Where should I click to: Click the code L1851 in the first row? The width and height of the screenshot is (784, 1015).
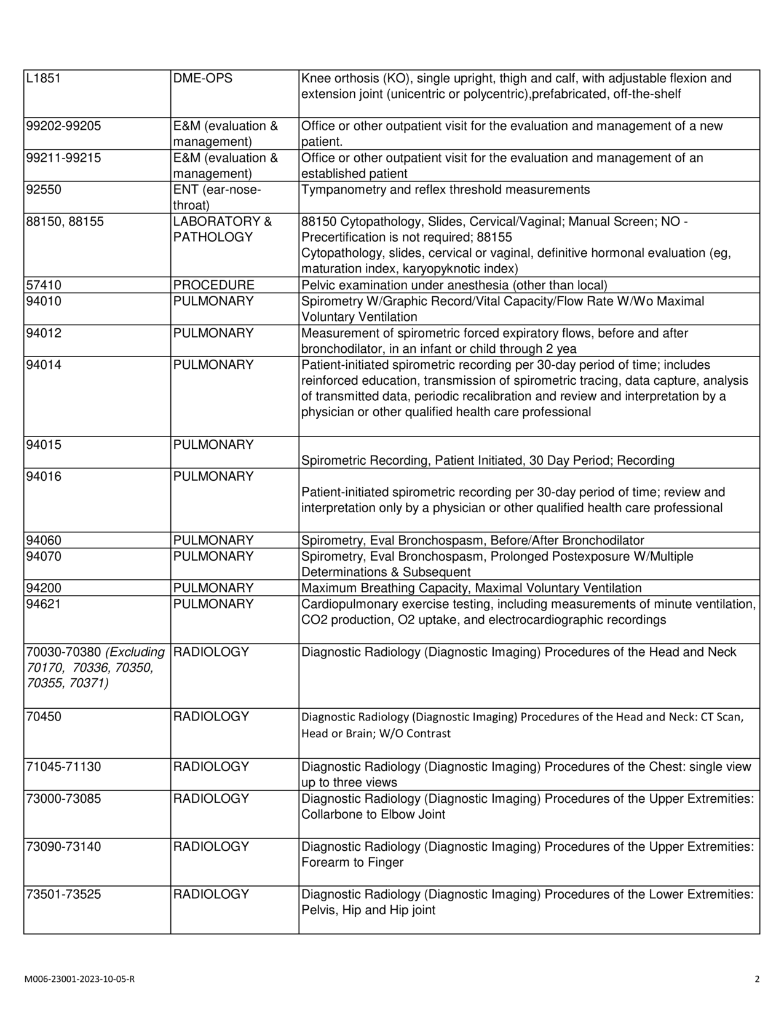44,79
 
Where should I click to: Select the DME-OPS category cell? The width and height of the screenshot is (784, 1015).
203,79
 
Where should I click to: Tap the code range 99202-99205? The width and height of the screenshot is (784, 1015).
63,126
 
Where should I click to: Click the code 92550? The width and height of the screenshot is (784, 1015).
44,190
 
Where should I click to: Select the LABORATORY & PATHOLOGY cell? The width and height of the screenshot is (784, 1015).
222,229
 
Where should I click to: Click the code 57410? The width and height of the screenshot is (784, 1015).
44,285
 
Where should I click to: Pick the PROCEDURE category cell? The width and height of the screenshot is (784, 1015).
213,285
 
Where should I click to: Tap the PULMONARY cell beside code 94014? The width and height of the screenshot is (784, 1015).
213,365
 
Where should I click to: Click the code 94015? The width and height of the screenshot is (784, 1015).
44,445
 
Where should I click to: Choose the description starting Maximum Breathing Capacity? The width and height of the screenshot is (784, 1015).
471,588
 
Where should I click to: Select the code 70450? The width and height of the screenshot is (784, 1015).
44,717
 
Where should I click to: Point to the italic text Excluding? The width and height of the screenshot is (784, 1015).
135,652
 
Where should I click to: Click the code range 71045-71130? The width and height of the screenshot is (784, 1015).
63,767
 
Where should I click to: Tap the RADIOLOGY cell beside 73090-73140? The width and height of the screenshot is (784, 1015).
211,847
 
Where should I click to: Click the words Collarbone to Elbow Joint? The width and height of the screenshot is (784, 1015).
373,815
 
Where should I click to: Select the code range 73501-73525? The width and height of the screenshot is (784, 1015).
63,895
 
